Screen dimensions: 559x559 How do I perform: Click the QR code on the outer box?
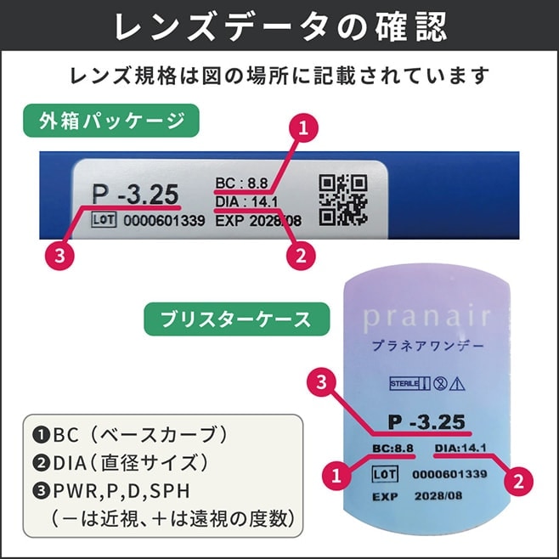click(x=343, y=200)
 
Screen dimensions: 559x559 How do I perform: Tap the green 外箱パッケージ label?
click(x=111, y=121)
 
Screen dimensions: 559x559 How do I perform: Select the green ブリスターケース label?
click(x=237, y=319)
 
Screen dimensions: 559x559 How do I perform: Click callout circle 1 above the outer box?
click(x=303, y=127)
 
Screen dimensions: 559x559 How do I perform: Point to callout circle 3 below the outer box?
click(x=59, y=255)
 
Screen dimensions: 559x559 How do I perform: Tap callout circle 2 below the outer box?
click(x=301, y=255)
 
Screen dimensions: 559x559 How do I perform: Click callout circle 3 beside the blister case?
click(x=322, y=382)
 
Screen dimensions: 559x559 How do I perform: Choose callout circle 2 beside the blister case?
click(x=518, y=482)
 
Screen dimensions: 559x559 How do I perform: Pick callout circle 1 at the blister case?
click(x=336, y=475)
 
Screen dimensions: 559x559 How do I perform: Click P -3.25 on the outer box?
click(x=135, y=195)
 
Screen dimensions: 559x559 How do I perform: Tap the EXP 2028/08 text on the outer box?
click(x=258, y=221)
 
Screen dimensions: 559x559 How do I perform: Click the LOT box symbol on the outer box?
click(x=104, y=219)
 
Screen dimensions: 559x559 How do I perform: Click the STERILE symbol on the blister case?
click(x=410, y=384)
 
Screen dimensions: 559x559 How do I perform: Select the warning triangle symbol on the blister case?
click(x=457, y=384)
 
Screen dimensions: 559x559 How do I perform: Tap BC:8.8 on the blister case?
click(x=392, y=448)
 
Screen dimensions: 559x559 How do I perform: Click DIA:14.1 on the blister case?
click(x=460, y=448)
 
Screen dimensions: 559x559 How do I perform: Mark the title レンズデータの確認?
click(x=280, y=26)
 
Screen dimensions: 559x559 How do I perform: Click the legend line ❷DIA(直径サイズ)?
click(x=121, y=463)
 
